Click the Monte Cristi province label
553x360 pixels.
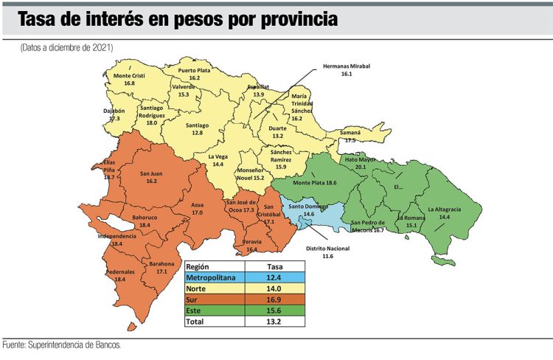129,79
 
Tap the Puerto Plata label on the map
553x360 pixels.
195,74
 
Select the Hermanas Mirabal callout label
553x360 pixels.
346,70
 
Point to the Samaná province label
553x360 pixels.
349,136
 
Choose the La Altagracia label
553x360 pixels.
444,213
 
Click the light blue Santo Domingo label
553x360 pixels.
309,210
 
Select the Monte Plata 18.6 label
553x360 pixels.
315,182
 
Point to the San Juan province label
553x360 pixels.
152,177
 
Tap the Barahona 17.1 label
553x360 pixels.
161,267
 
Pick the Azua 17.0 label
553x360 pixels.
197,208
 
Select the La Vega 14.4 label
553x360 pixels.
218,161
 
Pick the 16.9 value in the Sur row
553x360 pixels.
274,300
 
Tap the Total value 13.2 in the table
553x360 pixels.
274,322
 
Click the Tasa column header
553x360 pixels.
274,266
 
